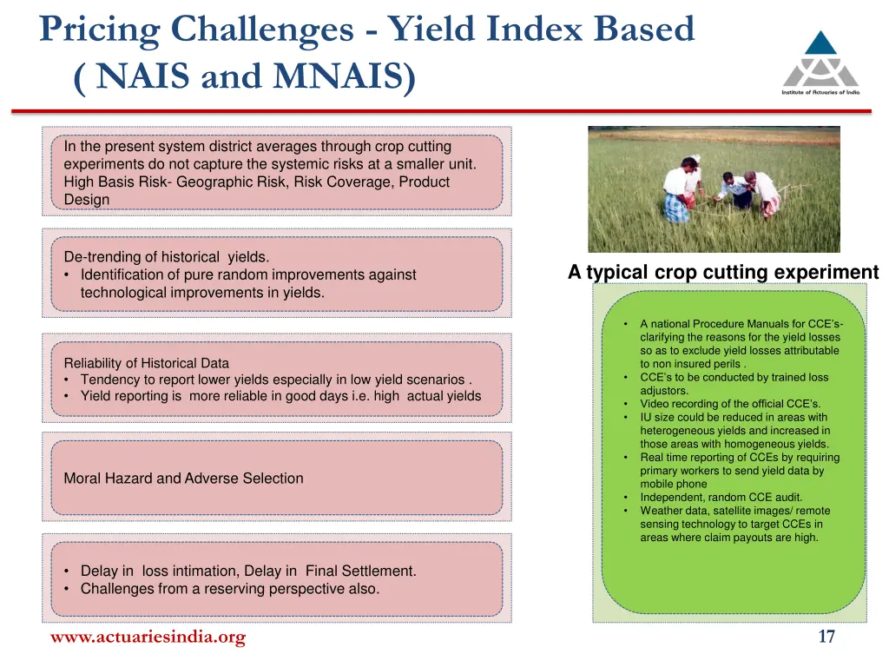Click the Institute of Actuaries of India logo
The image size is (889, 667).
[820, 61]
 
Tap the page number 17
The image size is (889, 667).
[826, 637]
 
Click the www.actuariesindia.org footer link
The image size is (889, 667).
[148, 637]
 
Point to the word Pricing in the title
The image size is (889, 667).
[100, 30]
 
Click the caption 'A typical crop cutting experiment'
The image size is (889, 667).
[723, 273]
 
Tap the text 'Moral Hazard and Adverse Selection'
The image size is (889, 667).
[183, 478]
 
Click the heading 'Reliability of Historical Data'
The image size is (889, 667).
[146, 363]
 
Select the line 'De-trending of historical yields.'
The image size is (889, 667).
[167, 256]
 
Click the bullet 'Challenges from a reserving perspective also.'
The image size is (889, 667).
[229, 588]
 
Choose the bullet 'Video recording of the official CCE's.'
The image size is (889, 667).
[729, 404]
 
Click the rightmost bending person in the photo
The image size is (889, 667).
[764, 193]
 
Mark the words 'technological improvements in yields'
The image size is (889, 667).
[201, 293]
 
